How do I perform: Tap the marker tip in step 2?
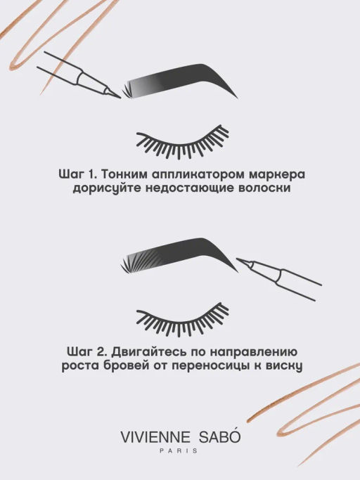pos(240,262)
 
